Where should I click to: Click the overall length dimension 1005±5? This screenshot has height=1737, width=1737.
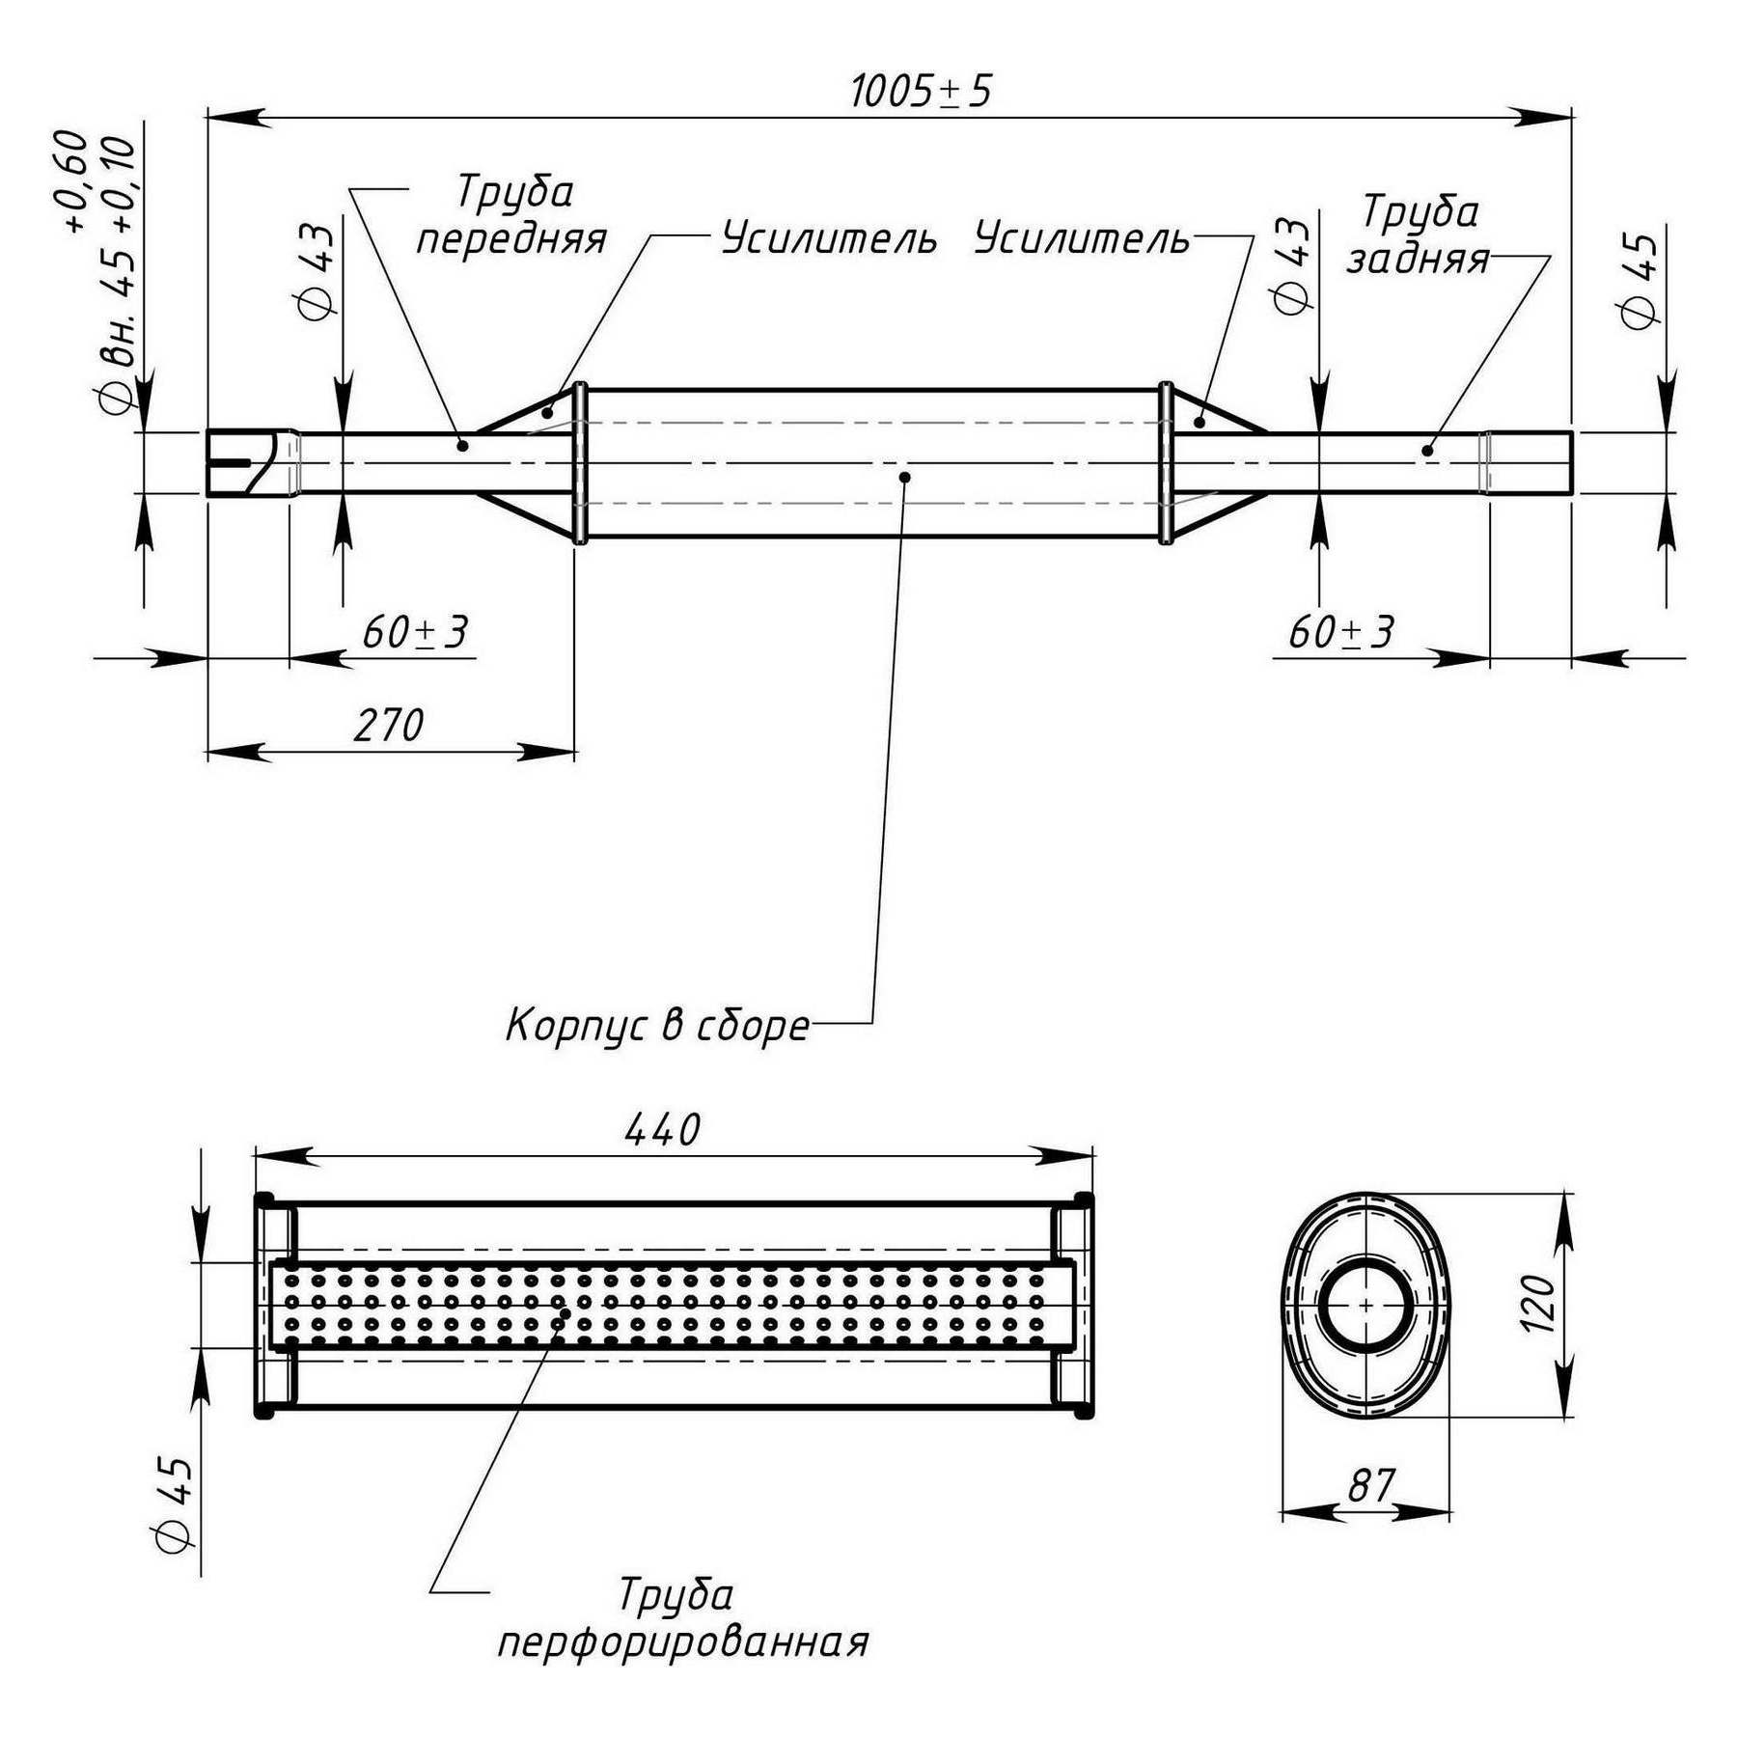(x=921, y=93)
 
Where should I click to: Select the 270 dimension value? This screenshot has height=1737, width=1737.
(x=388, y=726)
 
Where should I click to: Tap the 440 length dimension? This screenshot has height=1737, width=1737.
(x=662, y=1130)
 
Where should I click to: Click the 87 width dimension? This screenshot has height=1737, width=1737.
(x=1371, y=1486)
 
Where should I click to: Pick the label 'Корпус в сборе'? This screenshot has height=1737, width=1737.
(x=657, y=1025)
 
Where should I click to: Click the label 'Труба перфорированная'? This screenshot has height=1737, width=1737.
(x=681, y=1617)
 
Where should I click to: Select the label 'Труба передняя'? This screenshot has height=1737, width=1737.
(x=512, y=214)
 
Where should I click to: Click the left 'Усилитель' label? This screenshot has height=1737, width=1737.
(x=829, y=238)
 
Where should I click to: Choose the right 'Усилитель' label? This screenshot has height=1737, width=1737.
(x=1082, y=238)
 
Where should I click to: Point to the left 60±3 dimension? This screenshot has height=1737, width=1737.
(x=415, y=633)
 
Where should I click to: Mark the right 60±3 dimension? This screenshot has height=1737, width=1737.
(x=1341, y=633)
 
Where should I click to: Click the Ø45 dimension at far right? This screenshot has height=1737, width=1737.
(x=1640, y=280)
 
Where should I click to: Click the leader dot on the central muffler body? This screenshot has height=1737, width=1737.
(x=904, y=477)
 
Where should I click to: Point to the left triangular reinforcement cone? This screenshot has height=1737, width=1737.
(x=531, y=415)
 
